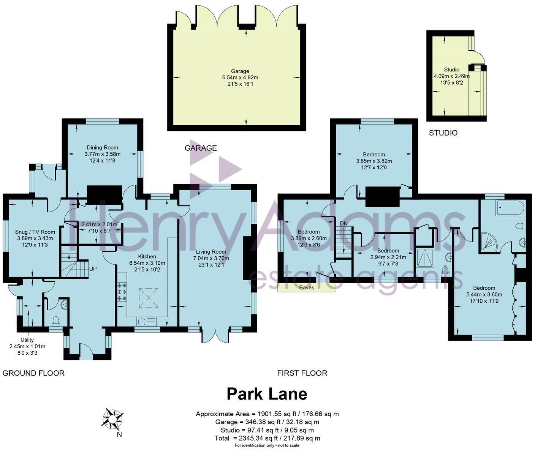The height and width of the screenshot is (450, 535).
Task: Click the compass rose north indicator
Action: (112, 419)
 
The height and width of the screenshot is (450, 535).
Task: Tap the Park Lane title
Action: (267, 394)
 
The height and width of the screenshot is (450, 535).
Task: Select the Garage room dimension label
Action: (240, 77)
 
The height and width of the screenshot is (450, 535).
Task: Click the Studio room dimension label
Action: (451, 76)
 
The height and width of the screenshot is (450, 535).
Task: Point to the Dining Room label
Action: (102, 154)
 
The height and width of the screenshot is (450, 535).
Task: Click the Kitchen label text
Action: (147, 257)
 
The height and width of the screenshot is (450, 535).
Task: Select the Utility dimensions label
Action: (27, 346)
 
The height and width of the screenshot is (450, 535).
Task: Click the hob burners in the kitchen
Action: (122, 292)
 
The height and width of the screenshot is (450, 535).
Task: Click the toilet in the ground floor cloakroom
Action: (56, 321)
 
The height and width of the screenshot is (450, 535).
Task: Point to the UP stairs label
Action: (93, 269)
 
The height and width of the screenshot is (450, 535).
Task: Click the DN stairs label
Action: (343, 223)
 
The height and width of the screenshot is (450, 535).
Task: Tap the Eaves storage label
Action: (307, 287)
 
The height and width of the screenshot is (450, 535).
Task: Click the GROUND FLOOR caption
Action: (33, 373)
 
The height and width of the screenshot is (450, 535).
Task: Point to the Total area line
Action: (267, 438)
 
